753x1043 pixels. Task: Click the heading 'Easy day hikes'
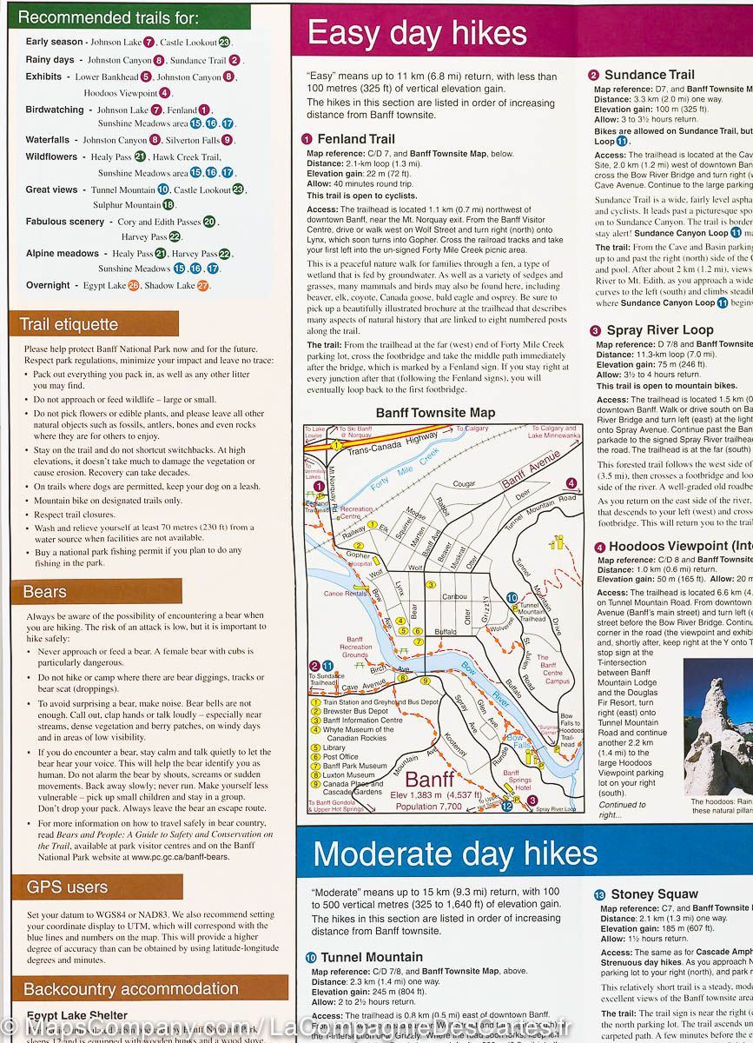click(417, 33)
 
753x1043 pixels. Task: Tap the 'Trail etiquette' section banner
click(69, 324)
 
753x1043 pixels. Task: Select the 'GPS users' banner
click(68, 887)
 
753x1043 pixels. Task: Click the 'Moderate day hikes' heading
click(455, 854)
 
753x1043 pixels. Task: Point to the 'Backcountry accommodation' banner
click(130, 988)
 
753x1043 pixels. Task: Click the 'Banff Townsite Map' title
click(435, 413)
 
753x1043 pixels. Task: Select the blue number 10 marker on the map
click(512, 598)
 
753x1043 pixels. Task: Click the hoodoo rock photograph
click(717, 727)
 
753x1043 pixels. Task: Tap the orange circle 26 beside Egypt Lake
click(133, 285)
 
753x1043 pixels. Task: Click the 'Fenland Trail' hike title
click(355, 139)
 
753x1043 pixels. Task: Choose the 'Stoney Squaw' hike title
click(653, 894)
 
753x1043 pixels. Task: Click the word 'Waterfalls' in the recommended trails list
click(48, 140)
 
